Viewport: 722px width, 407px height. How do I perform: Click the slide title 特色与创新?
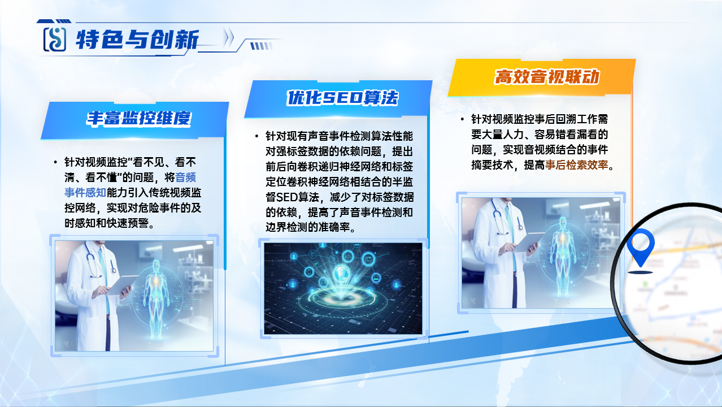click(x=137, y=40)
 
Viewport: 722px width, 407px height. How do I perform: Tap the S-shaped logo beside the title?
click(x=55, y=40)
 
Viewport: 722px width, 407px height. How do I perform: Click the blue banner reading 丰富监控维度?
click(x=134, y=120)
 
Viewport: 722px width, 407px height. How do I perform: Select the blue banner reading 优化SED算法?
click(x=338, y=98)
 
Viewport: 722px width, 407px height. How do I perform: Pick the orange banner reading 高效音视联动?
click(x=541, y=77)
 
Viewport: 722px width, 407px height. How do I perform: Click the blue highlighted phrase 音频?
click(x=185, y=177)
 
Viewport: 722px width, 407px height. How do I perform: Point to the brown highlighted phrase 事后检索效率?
click(x=576, y=165)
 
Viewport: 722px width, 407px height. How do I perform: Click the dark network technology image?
click(x=343, y=288)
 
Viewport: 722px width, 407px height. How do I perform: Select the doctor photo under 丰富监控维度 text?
click(x=134, y=296)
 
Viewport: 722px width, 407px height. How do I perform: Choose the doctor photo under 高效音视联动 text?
click(x=541, y=253)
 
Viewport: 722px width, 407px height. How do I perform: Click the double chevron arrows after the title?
click(x=229, y=37)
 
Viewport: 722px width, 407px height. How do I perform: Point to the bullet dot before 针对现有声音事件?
click(x=256, y=136)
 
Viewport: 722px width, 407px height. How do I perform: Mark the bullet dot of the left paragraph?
click(x=55, y=162)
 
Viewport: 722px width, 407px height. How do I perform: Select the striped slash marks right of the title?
click(x=262, y=46)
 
